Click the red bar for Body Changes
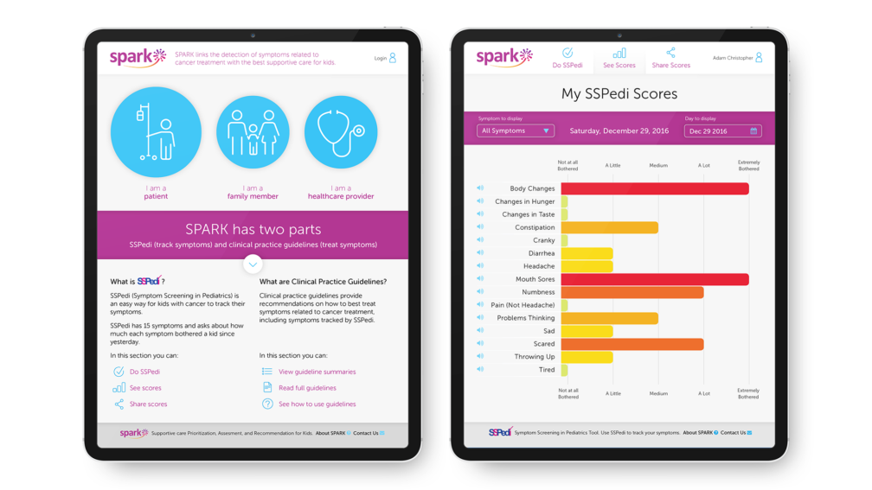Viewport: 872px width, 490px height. pyautogui.click(x=654, y=188)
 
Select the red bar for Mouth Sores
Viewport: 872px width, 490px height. pyautogui.click(x=654, y=279)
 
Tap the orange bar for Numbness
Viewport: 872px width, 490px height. pyautogui.click(x=632, y=292)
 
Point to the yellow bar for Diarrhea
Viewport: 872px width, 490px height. pyautogui.click(x=587, y=253)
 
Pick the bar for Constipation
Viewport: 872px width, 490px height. pyautogui.click(x=609, y=227)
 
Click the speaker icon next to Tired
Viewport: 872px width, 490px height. pyautogui.click(x=480, y=369)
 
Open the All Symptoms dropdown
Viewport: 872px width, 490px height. pyautogui.click(x=516, y=131)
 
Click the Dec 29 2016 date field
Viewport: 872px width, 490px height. pyautogui.click(x=722, y=131)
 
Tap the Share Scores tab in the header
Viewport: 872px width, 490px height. pyautogui.click(x=670, y=59)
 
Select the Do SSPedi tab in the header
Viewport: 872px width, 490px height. pyautogui.click(x=567, y=59)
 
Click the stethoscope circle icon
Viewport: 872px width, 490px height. pyautogui.click(x=341, y=132)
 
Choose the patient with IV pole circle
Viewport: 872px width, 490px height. pyautogui.click(x=156, y=132)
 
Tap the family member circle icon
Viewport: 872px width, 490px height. pyautogui.click(x=253, y=132)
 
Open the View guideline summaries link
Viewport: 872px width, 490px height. pyautogui.click(x=317, y=372)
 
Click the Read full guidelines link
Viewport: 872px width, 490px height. pyautogui.click(x=307, y=388)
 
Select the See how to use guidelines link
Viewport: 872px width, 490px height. pyautogui.click(x=317, y=404)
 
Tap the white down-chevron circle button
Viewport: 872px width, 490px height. pyautogui.click(x=253, y=264)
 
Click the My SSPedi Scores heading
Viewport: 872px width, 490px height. pyautogui.click(x=619, y=93)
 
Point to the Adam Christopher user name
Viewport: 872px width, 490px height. pyautogui.click(x=732, y=59)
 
